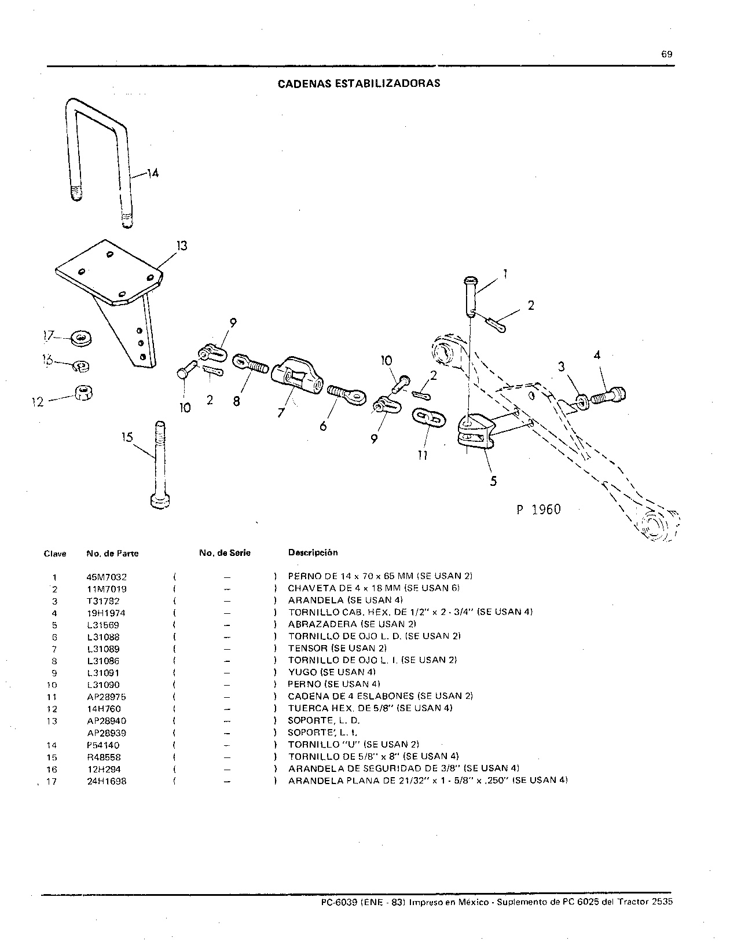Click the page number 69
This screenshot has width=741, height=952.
(x=666, y=54)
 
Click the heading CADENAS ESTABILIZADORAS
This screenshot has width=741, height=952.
(x=359, y=83)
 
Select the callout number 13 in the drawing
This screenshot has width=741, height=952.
(x=182, y=246)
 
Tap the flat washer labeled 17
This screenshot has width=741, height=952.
(x=81, y=338)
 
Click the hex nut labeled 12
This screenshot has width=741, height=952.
(x=83, y=393)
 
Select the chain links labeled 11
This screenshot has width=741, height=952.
(x=429, y=419)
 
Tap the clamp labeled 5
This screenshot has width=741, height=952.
(x=476, y=432)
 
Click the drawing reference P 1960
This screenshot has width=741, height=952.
(x=538, y=510)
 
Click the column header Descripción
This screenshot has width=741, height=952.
(x=313, y=552)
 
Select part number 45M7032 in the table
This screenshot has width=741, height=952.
(x=107, y=577)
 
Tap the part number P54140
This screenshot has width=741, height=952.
(x=103, y=745)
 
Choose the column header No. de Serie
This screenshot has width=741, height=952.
(x=225, y=553)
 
